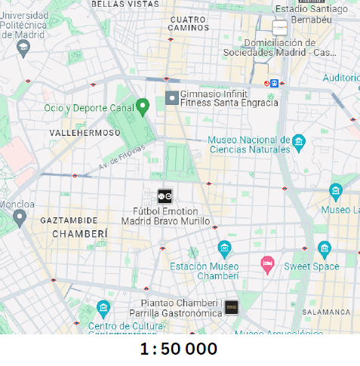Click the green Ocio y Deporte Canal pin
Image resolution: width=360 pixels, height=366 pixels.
coord(143,106)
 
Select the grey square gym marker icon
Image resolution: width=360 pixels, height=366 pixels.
coord(172,98)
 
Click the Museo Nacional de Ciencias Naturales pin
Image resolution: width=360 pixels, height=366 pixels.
coord(299,141)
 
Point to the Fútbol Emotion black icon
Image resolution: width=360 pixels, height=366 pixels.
coord(165,196)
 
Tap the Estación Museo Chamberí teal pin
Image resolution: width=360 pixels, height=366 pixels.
coord(224,248)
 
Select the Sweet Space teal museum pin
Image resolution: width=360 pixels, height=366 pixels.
coord(325,248)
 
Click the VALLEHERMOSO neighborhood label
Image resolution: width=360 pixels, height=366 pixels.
coord(85,133)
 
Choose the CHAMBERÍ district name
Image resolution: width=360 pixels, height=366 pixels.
coord(79,235)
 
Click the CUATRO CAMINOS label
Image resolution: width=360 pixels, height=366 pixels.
coord(189,23)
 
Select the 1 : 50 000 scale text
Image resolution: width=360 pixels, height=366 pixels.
coord(179,349)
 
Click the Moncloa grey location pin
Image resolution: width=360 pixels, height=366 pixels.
coord(20,218)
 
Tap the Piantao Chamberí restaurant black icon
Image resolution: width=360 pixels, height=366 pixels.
coord(232,307)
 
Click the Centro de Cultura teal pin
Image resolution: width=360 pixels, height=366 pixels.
coord(103,308)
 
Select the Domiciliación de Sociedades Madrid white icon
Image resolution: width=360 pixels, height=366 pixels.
coord(280,29)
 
